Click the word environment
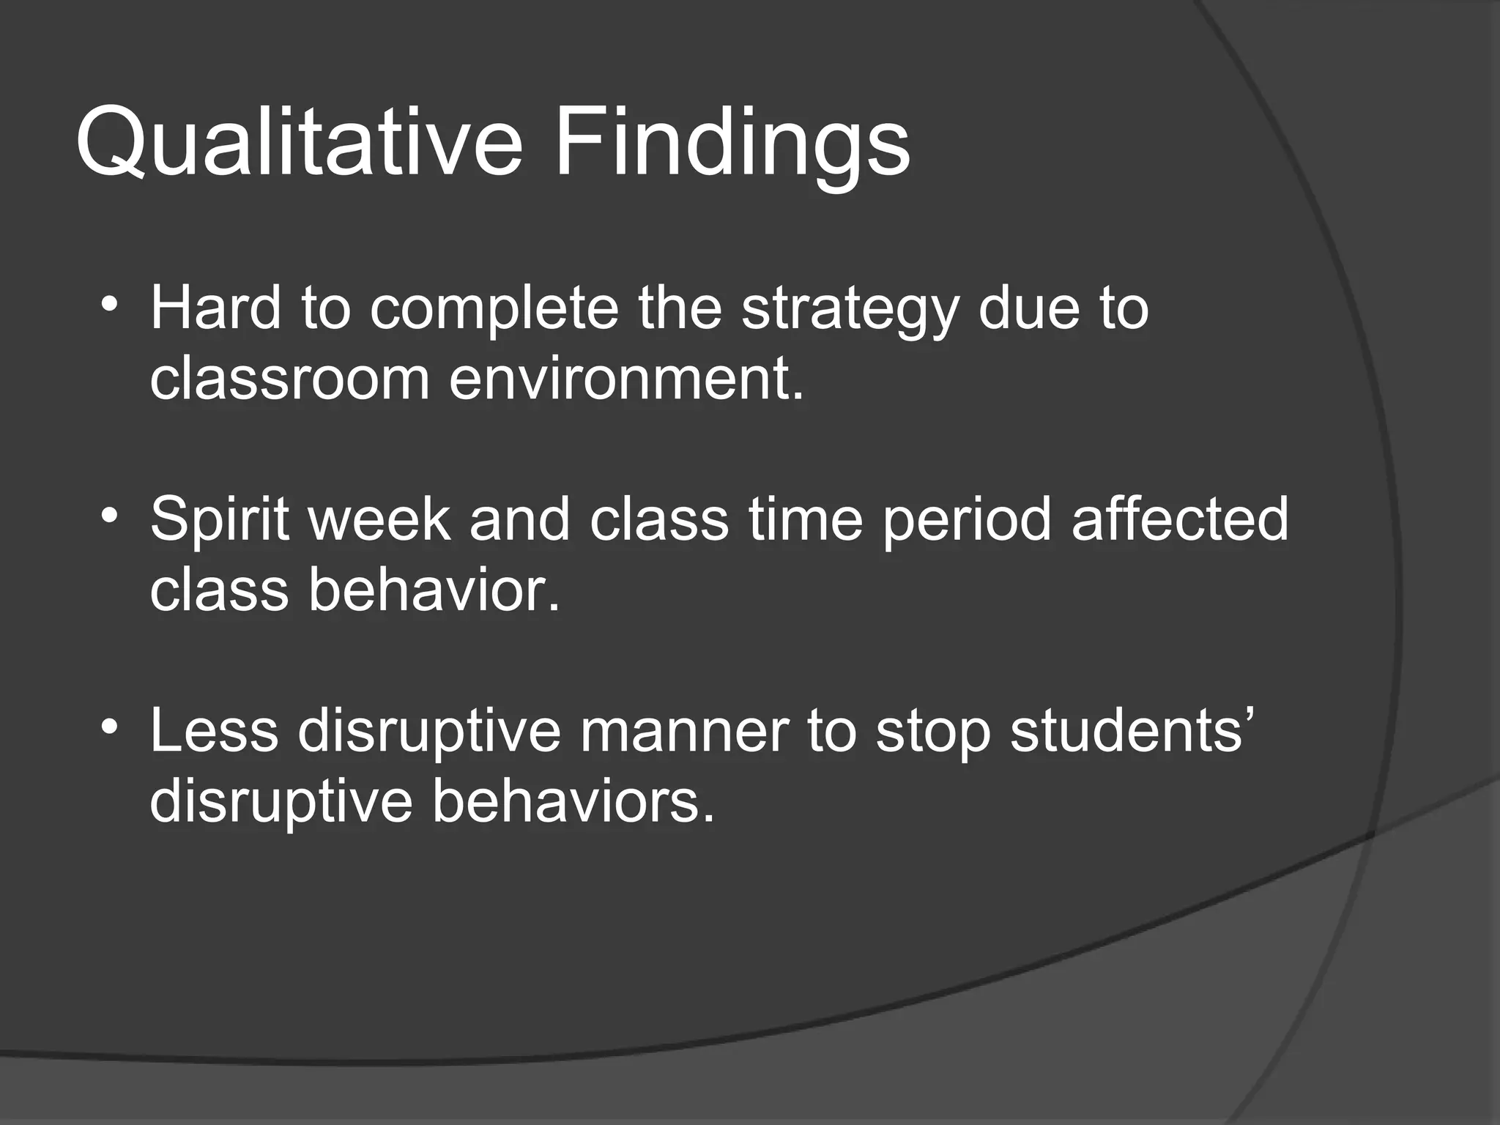(626, 379)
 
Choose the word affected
(1179, 519)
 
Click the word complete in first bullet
(494, 309)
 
